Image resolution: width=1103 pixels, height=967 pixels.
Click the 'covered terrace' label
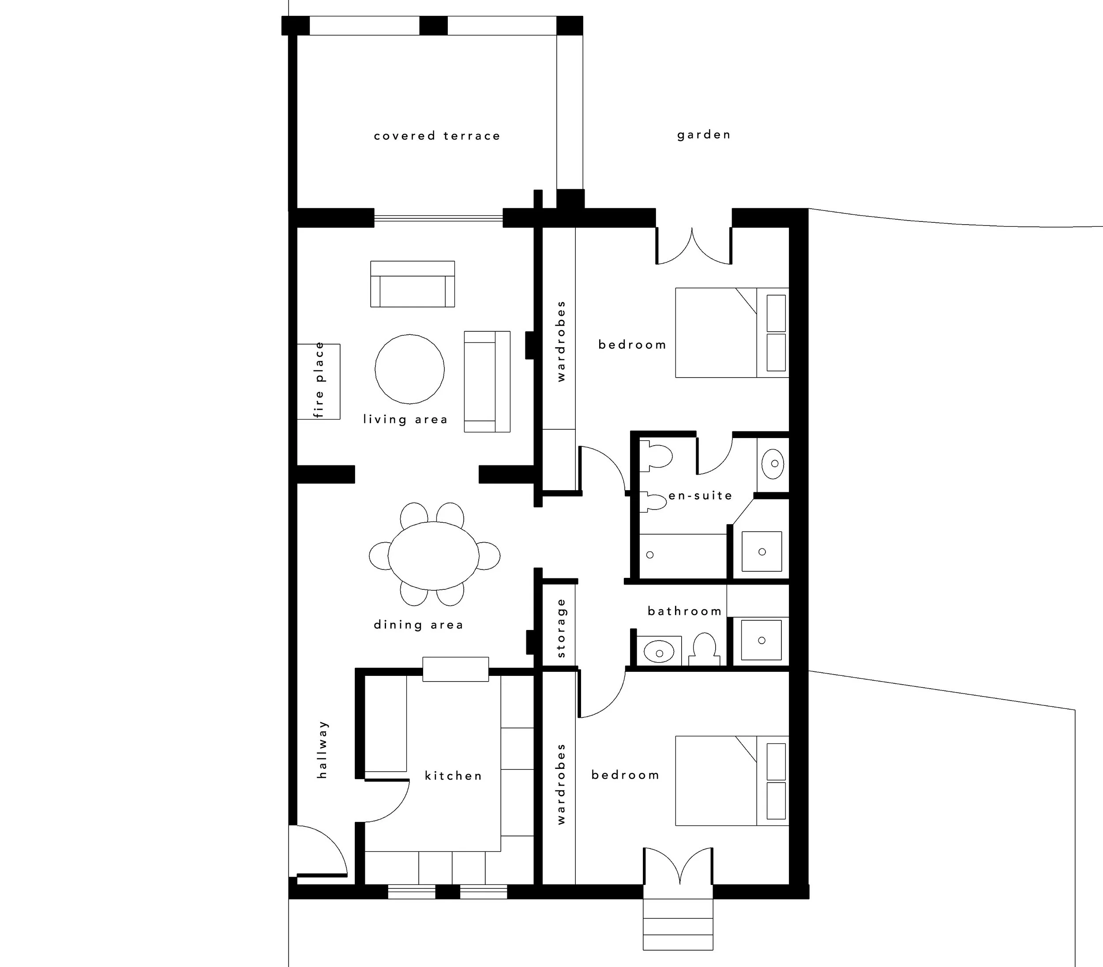pos(437,135)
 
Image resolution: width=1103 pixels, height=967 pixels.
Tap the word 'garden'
pos(704,135)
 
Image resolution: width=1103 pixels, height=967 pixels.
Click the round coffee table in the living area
pos(409,369)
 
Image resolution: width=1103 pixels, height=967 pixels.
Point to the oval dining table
pos(433,555)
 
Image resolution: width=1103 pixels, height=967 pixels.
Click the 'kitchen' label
pos(453,776)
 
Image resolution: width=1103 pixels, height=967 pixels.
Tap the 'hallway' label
pos(322,750)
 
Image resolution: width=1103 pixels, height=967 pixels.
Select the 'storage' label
pos(561,628)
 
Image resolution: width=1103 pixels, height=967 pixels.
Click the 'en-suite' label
pos(701,495)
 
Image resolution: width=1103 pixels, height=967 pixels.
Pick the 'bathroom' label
pos(685,611)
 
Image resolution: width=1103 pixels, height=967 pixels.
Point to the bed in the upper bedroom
pos(732,333)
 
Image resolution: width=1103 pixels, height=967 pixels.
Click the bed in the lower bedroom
pos(732,780)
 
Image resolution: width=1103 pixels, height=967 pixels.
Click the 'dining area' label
pos(418,625)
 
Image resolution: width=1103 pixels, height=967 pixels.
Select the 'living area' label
pos(405,419)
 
